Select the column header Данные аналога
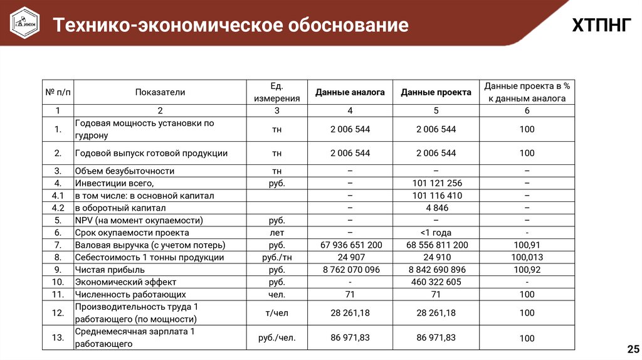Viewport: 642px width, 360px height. tap(350, 92)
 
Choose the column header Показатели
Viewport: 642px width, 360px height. tap(160, 92)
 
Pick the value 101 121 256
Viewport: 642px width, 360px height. tap(436, 183)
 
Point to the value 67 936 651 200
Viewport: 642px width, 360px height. tap(350, 245)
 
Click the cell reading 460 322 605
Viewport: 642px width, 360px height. tap(436, 282)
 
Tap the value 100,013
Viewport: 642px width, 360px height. tap(527, 257)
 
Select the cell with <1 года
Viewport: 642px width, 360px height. tap(436, 233)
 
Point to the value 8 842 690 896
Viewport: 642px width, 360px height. tap(436, 270)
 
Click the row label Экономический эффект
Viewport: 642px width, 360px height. tap(125, 282)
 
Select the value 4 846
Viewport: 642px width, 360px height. tap(436, 208)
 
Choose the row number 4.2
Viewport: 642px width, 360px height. tap(58, 208)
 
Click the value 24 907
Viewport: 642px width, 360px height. tap(350, 257)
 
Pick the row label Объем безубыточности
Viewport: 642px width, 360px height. tap(124, 171)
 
